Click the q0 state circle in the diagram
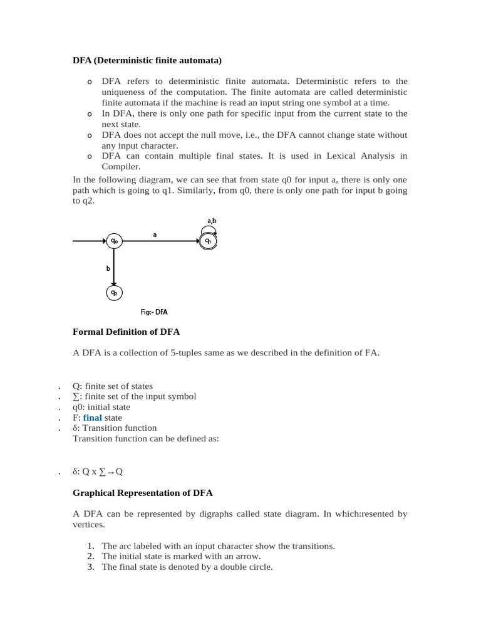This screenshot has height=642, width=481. pos(113,241)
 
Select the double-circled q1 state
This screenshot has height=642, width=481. pos(209,241)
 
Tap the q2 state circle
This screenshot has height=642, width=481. pos(113,293)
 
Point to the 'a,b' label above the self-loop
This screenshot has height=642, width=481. pos(211,221)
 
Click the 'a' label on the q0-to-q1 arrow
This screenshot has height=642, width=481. pos(155,234)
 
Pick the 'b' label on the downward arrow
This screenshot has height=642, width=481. pos(108,268)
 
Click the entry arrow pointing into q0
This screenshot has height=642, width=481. pos(89,241)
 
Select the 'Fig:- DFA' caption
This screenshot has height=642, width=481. pos(154,312)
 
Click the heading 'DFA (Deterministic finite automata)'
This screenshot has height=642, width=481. pos(147,60)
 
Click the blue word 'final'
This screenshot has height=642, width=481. pos(92,418)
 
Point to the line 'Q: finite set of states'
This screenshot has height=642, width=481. pos(113,386)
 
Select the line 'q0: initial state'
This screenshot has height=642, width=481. pos(101,407)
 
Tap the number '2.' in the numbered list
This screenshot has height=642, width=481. pos(91,556)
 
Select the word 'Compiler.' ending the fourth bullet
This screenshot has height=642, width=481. pos(121,167)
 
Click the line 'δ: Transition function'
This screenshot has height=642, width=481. pos(115,428)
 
